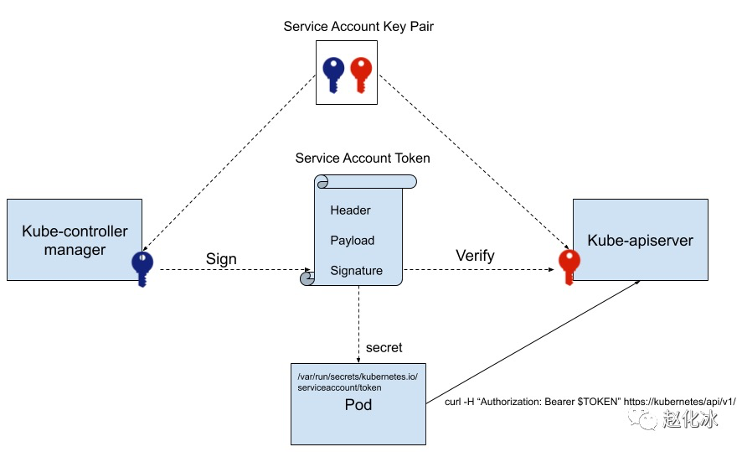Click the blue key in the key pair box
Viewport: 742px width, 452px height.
(333, 75)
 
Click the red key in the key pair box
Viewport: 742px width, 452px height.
(361, 75)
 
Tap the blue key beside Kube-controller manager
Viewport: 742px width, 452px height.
(142, 269)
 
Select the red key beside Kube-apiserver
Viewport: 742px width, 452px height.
(569, 268)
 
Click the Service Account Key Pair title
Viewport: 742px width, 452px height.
(358, 27)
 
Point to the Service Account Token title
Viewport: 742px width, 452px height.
(363, 158)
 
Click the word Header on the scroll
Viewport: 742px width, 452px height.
(350, 210)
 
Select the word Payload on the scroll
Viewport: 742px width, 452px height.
(352, 240)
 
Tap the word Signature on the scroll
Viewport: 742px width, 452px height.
(356, 271)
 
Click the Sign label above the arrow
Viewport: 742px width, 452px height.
(221, 259)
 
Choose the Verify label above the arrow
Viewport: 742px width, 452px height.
(475, 256)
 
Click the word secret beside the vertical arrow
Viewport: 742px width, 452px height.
(384, 348)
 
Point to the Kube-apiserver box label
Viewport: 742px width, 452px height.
(641, 240)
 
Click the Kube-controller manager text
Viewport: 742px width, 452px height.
(75, 240)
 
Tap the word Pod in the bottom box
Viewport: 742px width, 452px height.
(358, 405)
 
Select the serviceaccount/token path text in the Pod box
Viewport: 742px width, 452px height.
(339, 387)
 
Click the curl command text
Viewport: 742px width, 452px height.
(590, 402)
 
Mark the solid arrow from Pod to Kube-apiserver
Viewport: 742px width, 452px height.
(533, 342)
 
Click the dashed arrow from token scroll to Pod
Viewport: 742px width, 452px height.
(358, 324)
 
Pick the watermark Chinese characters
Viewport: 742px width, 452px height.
(690, 418)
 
